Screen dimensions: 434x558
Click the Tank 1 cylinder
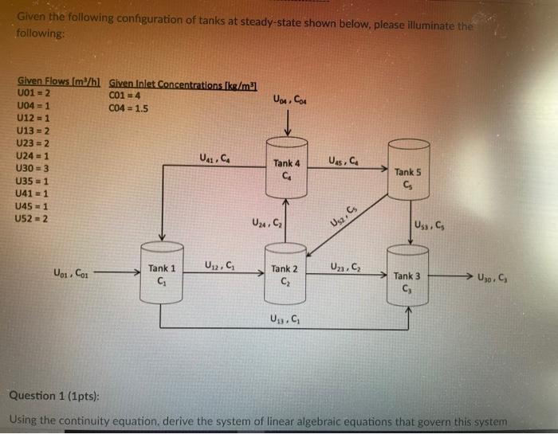162,275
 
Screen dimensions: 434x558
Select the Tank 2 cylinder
285,275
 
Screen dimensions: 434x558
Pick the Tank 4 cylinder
285,169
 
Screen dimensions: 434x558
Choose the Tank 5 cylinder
407,176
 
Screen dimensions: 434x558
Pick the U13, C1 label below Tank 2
285,320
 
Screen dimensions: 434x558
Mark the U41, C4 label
215,156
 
